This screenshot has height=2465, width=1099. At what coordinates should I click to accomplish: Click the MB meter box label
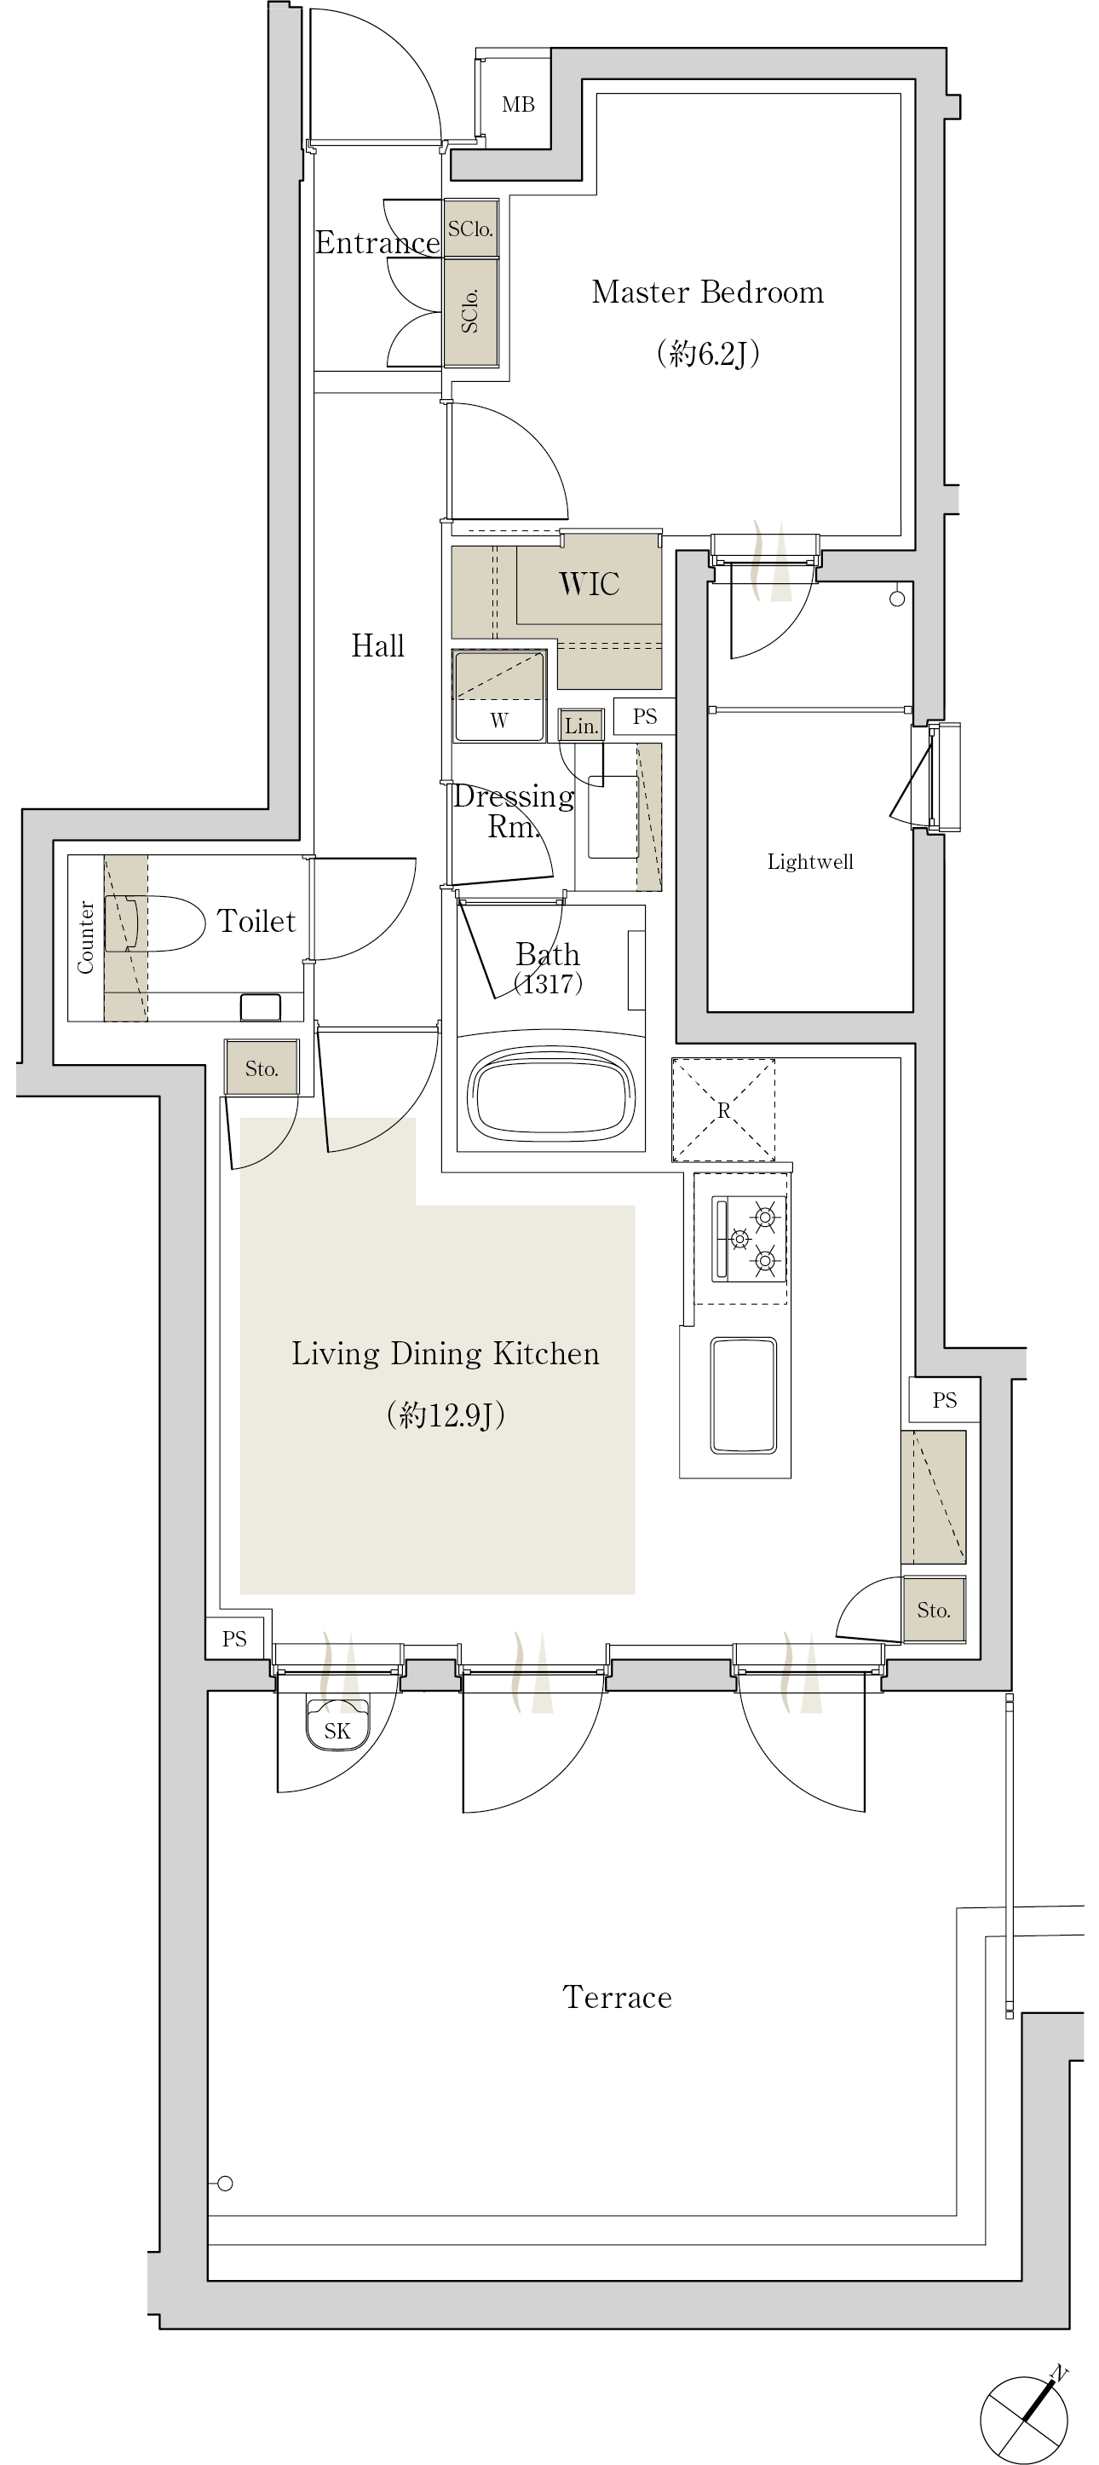click(519, 105)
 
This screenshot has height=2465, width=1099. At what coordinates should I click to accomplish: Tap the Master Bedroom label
click(708, 292)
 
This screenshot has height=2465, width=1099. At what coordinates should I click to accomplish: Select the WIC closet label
click(590, 584)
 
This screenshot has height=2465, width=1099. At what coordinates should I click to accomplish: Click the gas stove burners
click(750, 1238)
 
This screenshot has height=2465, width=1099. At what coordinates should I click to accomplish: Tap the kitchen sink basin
click(743, 1395)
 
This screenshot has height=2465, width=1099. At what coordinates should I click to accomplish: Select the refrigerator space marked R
click(723, 1110)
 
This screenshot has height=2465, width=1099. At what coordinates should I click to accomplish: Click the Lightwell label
click(810, 861)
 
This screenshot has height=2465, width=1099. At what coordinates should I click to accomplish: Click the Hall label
click(377, 646)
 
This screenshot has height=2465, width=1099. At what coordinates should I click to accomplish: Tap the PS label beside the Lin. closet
click(645, 717)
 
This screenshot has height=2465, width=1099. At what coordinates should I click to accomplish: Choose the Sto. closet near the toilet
click(262, 1068)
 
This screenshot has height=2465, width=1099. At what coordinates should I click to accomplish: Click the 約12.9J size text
click(446, 1415)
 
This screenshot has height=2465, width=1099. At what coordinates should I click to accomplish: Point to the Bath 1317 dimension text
click(548, 983)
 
